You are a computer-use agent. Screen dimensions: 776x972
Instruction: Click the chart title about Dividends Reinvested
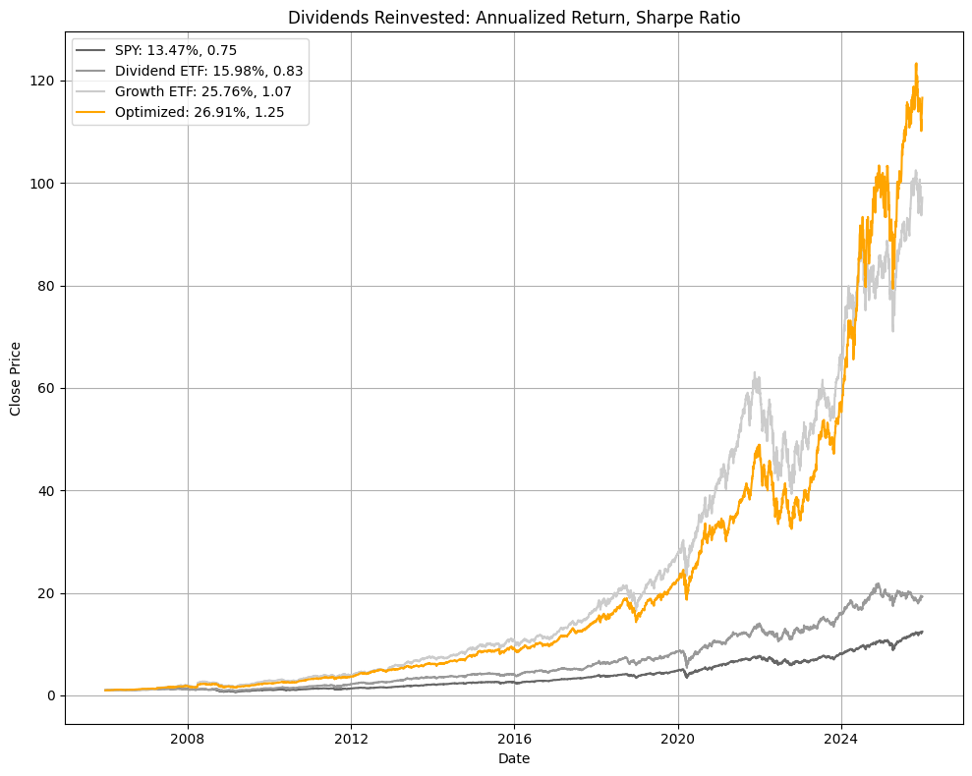coord(513,17)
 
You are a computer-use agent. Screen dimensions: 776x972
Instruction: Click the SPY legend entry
coord(176,50)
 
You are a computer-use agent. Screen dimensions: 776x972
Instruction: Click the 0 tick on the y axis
coord(50,695)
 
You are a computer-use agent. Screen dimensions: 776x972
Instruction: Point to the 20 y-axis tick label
coord(46,593)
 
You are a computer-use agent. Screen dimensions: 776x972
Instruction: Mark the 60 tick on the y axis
coord(46,388)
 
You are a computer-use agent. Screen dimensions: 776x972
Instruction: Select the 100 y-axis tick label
coord(43,184)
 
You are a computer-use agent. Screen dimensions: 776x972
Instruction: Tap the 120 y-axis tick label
coord(43,81)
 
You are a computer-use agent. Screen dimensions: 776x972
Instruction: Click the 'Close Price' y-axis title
coord(16,378)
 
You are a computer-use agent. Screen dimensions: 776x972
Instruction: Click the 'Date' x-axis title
coord(514,759)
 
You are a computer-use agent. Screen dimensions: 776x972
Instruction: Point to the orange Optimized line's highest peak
coord(916,65)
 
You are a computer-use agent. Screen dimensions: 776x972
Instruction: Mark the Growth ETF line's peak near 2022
coord(755,373)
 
